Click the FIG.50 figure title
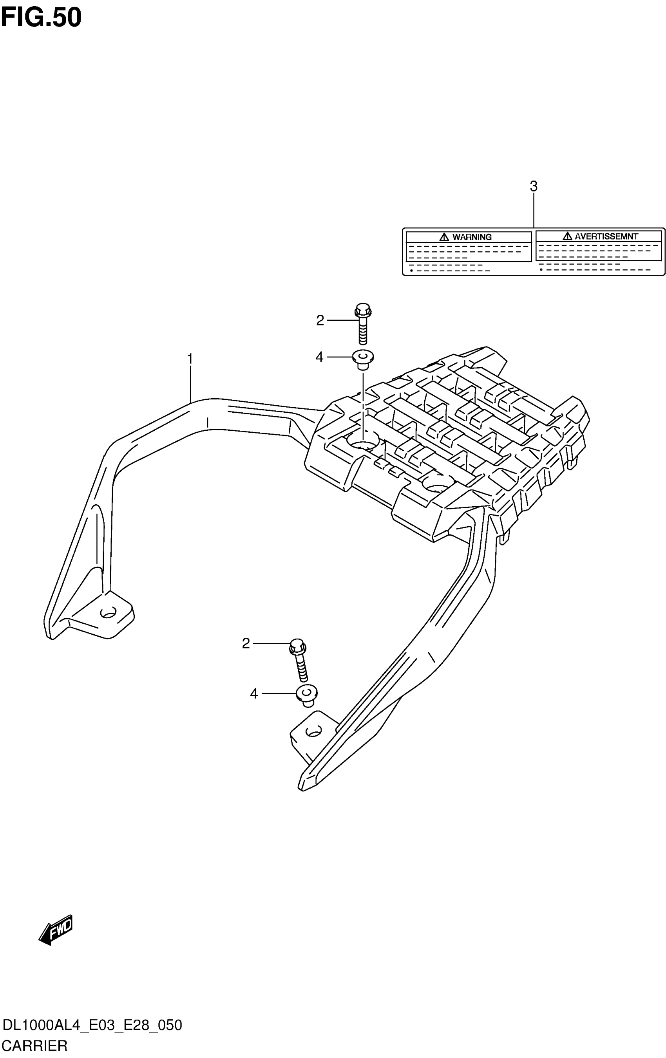pyautogui.click(x=41, y=18)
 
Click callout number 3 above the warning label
pyautogui.click(x=533, y=186)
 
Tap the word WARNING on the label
pyautogui.click(x=472, y=237)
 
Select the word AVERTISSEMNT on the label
pyautogui.click(x=606, y=237)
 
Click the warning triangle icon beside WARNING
pyautogui.click(x=444, y=237)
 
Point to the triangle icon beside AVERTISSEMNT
pyautogui.click(x=568, y=237)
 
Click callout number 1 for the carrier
pyautogui.click(x=190, y=359)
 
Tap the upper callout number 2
pyautogui.click(x=320, y=320)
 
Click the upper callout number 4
pyautogui.click(x=319, y=357)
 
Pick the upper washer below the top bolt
pyautogui.click(x=363, y=359)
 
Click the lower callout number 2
pyautogui.click(x=246, y=644)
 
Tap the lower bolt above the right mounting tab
pyautogui.click(x=299, y=659)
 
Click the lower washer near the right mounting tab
pyautogui.click(x=307, y=695)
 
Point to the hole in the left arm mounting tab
pyautogui.click(x=108, y=612)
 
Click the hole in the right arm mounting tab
pyautogui.click(x=313, y=731)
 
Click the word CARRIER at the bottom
pyautogui.click(x=34, y=1046)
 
